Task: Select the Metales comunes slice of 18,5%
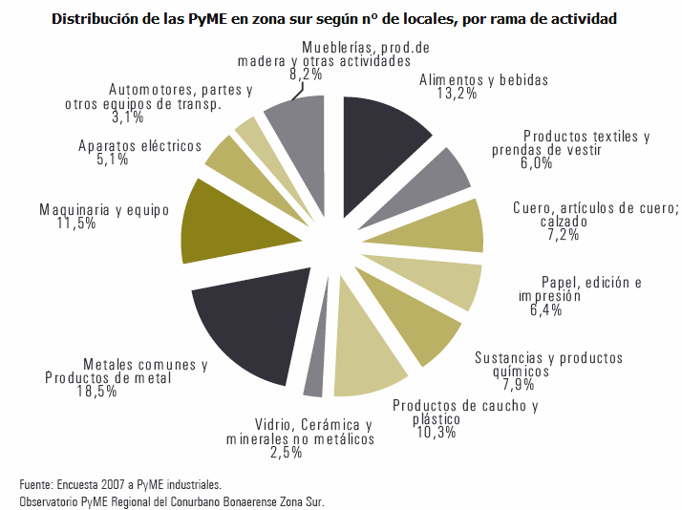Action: tap(244, 329)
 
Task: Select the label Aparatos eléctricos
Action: tap(139, 146)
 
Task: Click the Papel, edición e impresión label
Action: tap(579, 288)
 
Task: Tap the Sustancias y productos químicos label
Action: tap(548, 365)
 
